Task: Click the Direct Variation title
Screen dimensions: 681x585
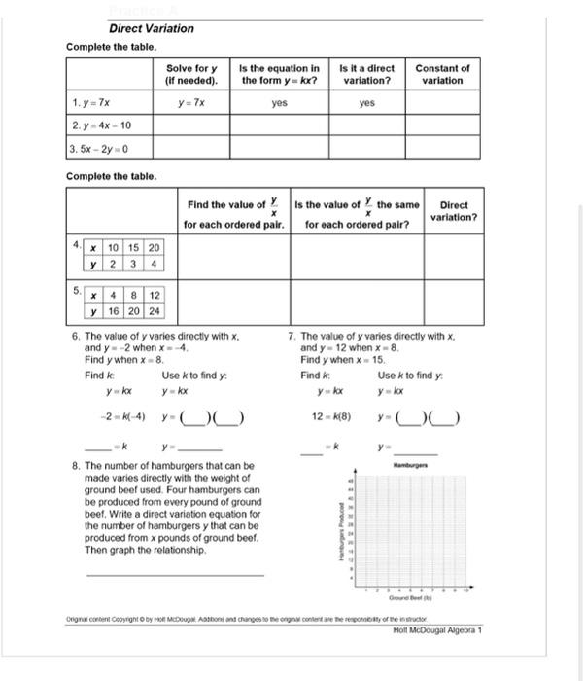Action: pos(151,29)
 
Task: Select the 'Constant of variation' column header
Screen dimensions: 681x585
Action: pos(442,74)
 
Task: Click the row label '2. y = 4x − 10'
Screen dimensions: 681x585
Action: pos(101,125)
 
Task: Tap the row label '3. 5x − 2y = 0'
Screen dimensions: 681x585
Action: pos(100,148)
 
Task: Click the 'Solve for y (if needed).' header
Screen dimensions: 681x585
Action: pos(191,74)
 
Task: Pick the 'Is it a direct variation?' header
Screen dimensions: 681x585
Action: pos(367,74)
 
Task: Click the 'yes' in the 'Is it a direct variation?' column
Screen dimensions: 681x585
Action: pos(367,102)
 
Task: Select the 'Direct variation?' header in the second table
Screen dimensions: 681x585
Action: pos(454,211)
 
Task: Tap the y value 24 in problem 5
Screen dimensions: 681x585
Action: pos(155,311)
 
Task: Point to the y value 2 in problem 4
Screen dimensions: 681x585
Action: pos(115,263)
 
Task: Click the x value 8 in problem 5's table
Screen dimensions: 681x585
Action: pos(134,296)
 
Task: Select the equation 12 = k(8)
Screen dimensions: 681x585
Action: pos(332,418)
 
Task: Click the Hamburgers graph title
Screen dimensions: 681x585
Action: pos(411,467)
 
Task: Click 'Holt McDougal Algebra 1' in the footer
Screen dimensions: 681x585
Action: pos(437,630)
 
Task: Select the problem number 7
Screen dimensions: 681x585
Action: pos(292,336)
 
